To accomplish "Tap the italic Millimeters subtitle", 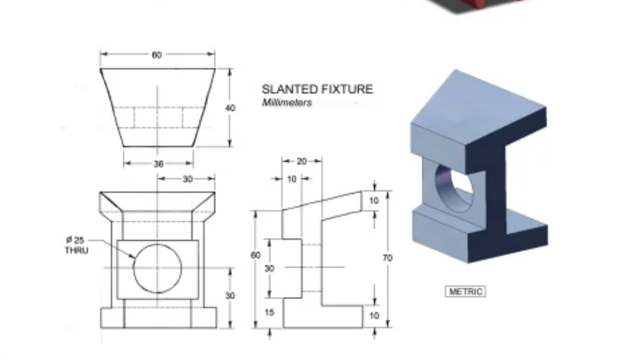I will tap(286, 103).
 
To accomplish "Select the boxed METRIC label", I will tap(465, 291).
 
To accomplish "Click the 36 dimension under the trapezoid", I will tap(158, 163).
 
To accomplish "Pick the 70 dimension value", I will tap(387, 258).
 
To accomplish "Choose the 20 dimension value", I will tap(301, 161).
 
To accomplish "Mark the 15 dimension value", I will tap(270, 312).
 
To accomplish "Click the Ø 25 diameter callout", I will tap(76, 240).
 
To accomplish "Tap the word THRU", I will tap(76, 250).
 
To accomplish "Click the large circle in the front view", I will tap(158, 268).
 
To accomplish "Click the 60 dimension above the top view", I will tap(156, 55).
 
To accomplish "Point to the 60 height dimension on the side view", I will tap(256, 256).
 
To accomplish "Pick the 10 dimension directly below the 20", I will tap(291, 179).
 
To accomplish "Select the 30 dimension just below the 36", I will tap(187, 179).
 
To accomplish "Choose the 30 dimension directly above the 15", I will tap(270, 268).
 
